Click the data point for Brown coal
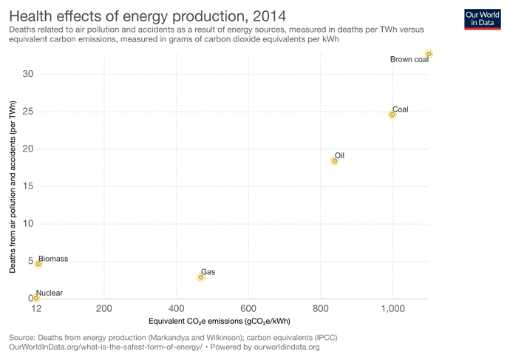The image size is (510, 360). click(429, 54)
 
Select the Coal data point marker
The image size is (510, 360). click(392, 115)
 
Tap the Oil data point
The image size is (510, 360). click(335, 160)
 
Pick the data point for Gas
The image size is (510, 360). click(201, 277)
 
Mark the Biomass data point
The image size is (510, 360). click(38, 264)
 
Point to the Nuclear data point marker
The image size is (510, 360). click(35, 299)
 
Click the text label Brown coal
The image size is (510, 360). click(409, 60)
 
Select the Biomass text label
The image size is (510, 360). click(53, 259)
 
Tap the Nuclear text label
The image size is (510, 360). click(49, 293)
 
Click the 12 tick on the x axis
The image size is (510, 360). click(35, 308)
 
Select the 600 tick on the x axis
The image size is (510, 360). click(248, 308)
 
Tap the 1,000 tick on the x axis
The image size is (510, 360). click(392, 308)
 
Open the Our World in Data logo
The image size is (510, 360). click(483, 18)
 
